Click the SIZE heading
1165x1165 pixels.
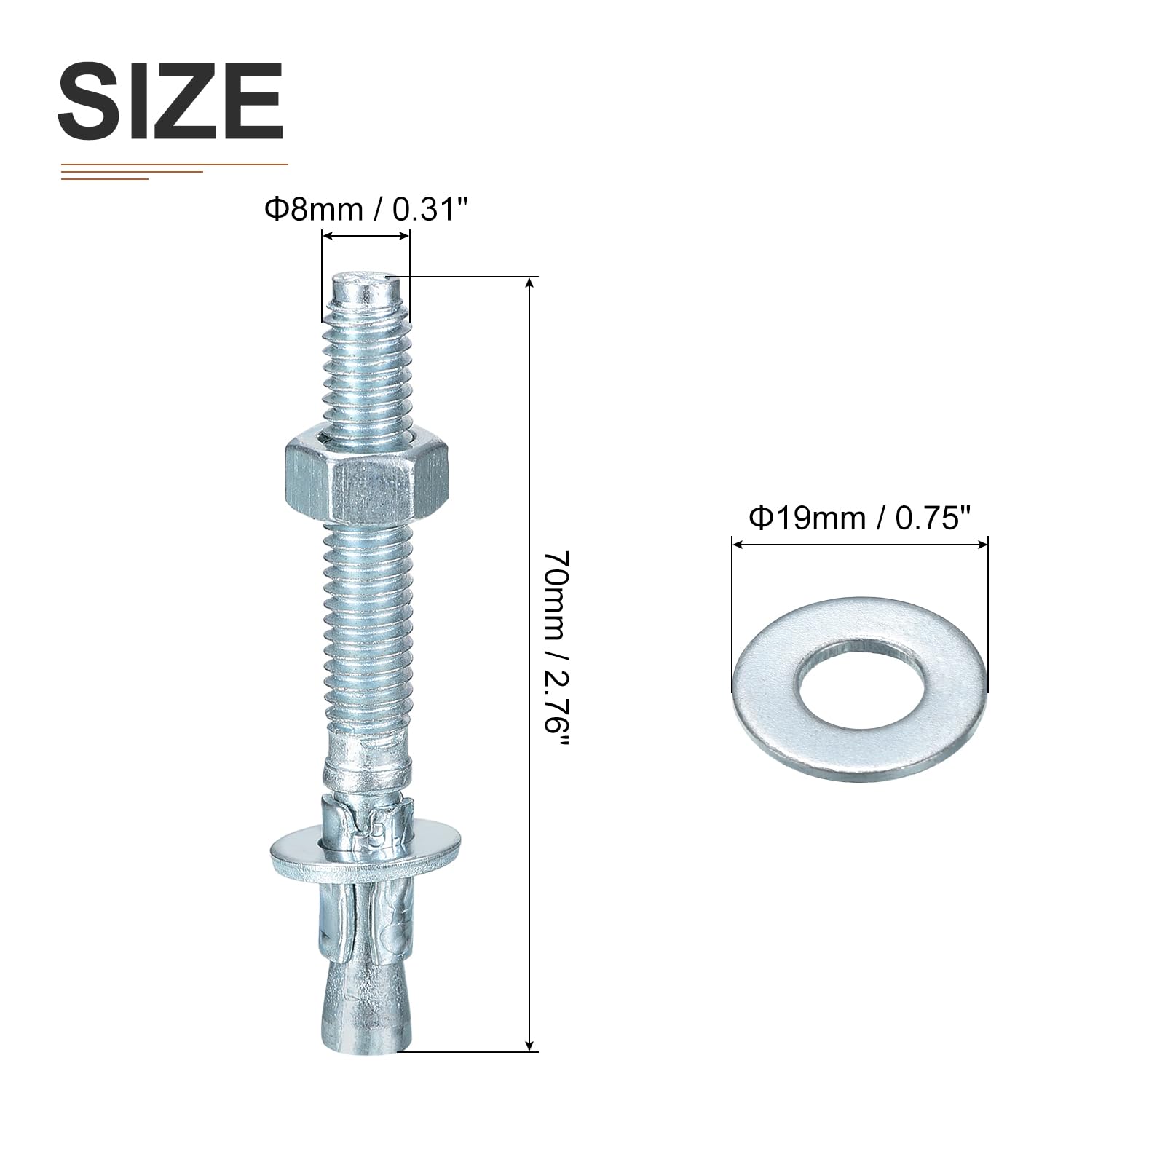(x=170, y=100)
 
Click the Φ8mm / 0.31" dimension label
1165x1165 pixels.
(x=365, y=210)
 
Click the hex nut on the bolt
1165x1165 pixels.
(x=366, y=478)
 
